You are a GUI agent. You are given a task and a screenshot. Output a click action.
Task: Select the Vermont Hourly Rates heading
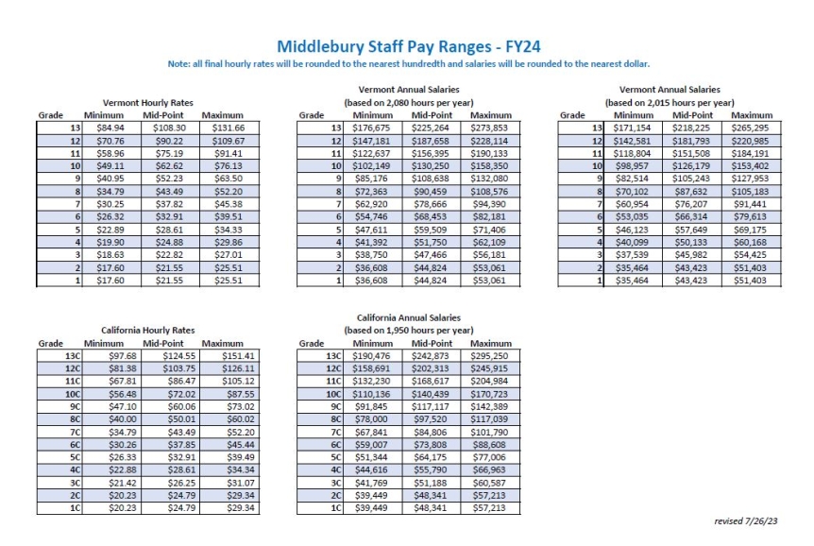(142, 102)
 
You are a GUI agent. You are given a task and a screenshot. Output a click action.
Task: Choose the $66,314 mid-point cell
(691, 213)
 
